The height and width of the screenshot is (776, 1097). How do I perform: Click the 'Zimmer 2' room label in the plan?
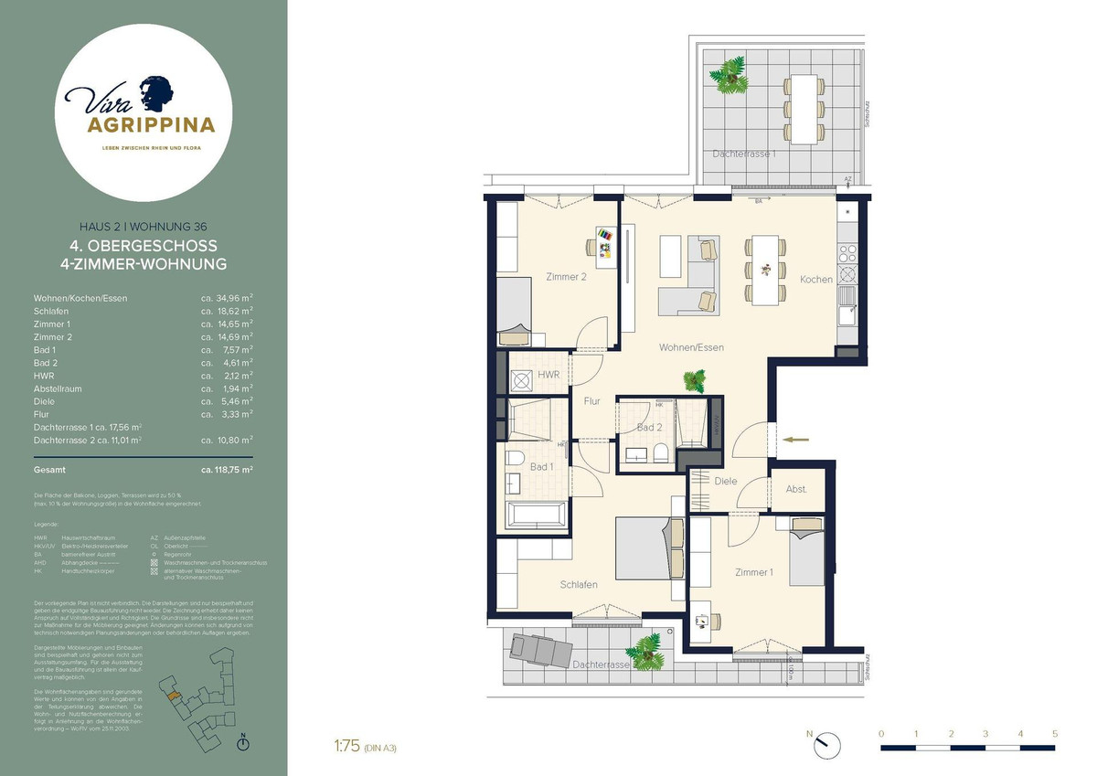(566, 277)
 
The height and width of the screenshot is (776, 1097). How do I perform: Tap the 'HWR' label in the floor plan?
(548, 375)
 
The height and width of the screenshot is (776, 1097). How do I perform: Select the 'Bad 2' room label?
(649, 428)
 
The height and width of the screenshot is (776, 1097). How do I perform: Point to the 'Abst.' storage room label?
(796, 489)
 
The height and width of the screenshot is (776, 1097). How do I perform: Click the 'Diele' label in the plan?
(726, 481)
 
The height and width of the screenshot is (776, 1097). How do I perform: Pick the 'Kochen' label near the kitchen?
(815, 279)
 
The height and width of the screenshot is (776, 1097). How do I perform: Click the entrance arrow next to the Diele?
(796, 440)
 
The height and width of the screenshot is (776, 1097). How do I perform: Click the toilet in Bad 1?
(515, 457)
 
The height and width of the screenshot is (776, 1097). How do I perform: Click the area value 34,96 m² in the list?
(227, 298)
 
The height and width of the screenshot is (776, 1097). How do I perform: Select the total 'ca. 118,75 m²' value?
(227, 469)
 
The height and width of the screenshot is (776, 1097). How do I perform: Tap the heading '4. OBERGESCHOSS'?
(144, 246)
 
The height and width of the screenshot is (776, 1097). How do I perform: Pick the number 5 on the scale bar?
(1054, 733)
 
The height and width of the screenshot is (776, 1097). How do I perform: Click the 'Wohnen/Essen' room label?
(692, 347)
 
